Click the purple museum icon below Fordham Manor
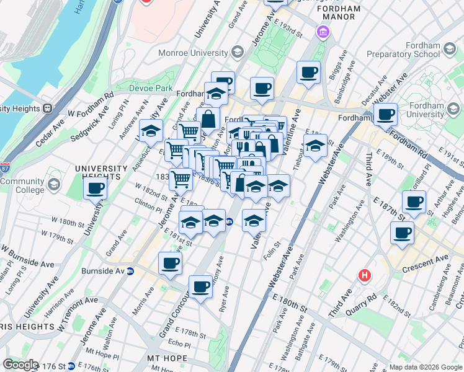(323, 32)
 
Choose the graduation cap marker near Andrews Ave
(151, 131)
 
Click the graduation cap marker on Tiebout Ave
(315, 146)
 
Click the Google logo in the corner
(20, 365)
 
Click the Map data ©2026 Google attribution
(425, 366)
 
